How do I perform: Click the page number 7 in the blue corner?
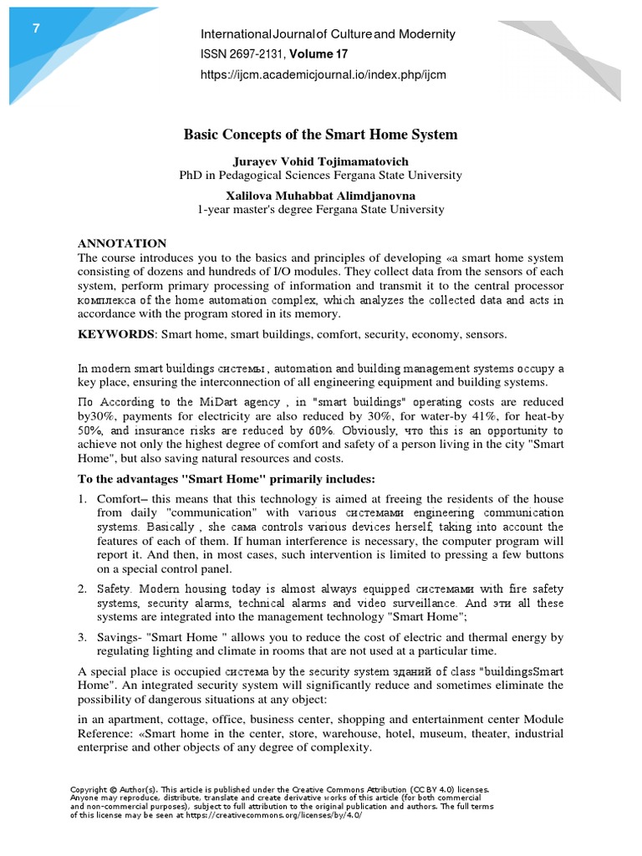pyautogui.click(x=36, y=28)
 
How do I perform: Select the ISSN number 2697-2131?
pyautogui.click(x=255, y=54)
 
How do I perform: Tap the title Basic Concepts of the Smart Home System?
pyautogui.click(x=320, y=134)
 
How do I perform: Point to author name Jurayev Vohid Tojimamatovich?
pyautogui.click(x=320, y=160)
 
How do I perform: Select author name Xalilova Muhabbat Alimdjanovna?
pyautogui.click(x=320, y=195)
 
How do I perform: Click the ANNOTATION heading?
pyautogui.click(x=122, y=243)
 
